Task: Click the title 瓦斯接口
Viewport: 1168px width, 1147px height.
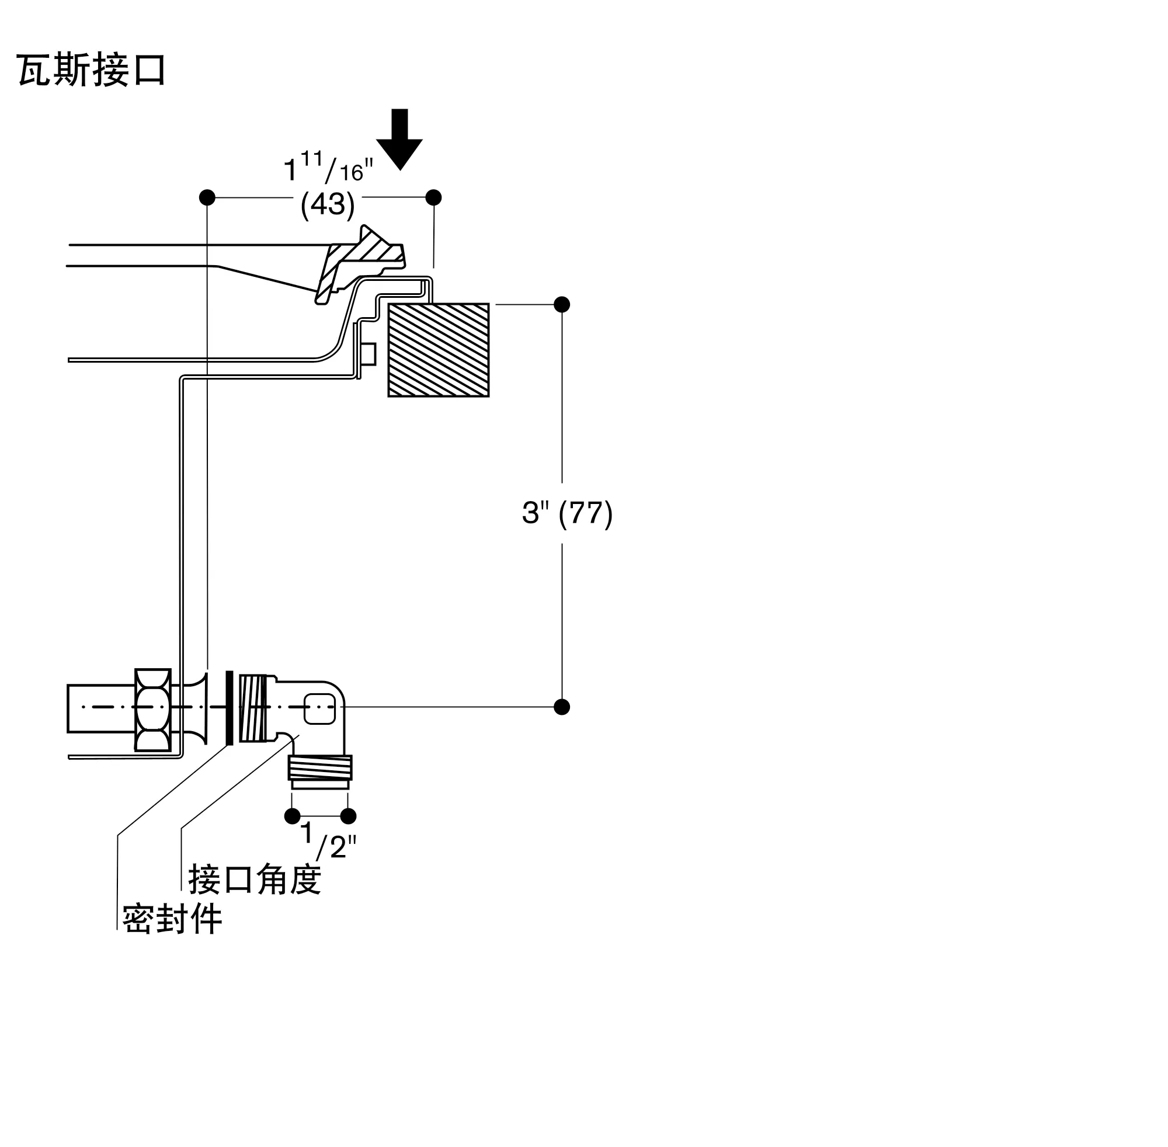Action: pos(91,70)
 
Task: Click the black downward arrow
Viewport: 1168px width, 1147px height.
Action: pos(399,139)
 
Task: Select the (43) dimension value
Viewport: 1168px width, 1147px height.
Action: pos(328,205)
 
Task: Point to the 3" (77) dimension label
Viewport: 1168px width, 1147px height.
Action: pos(568,513)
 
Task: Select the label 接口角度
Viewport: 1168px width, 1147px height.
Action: pos(254,880)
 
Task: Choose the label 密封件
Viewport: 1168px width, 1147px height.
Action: pos(172,919)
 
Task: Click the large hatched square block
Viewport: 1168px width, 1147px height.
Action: pos(439,350)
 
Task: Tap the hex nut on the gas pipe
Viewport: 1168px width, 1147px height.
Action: pos(153,710)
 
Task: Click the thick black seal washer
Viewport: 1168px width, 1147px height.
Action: pos(230,708)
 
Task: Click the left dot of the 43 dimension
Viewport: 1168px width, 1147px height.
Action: pos(207,197)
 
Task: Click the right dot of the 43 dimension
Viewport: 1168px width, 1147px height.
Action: pos(434,197)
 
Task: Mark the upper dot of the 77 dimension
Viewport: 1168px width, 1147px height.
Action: pos(562,304)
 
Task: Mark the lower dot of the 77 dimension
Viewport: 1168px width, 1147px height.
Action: pos(562,707)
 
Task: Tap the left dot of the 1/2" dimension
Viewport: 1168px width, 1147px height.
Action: pos(292,816)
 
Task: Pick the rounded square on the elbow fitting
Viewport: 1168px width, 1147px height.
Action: pos(320,708)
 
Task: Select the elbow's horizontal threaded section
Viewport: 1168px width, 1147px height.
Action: pos(253,708)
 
